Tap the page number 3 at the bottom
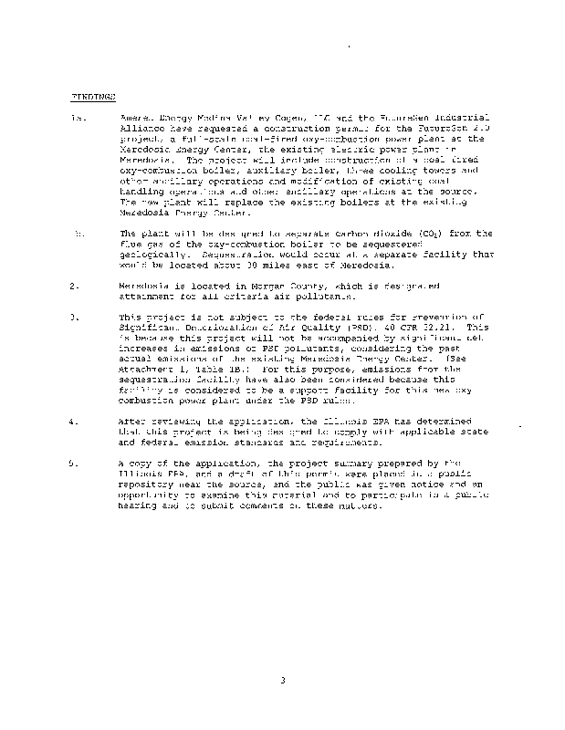pos(283,679)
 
